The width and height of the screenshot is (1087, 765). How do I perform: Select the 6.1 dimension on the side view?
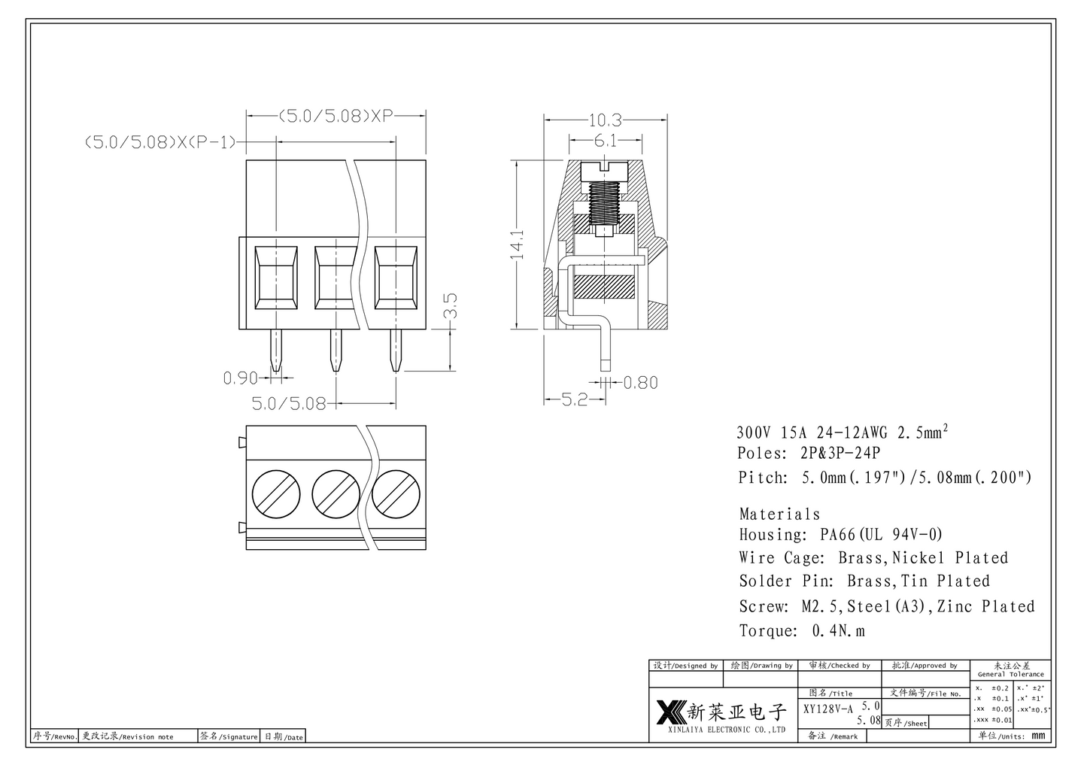606,141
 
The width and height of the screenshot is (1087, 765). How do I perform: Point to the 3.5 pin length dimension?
450,306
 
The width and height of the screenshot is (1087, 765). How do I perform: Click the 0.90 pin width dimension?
240,378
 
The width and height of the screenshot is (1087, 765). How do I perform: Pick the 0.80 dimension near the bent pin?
640,383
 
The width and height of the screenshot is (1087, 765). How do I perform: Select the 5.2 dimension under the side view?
575,400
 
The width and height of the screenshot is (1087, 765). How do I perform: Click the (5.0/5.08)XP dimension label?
337,116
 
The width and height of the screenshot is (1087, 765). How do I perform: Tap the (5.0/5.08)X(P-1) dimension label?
161,142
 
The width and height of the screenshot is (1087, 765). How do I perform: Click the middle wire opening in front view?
335,278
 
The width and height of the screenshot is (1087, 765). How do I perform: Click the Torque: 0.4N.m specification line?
802,631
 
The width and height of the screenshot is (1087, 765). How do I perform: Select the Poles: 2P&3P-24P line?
809,454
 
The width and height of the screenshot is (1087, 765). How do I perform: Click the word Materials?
779,515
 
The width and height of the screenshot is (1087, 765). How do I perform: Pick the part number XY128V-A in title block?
828,709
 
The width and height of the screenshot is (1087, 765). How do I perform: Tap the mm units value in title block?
1038,736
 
